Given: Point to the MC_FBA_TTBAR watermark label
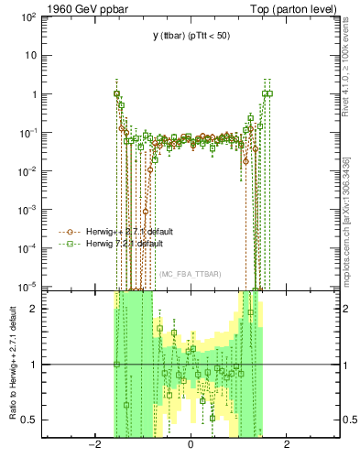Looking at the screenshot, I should (x=190, y=274).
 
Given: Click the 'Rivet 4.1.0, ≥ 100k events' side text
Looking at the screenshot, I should (x=345, y=69).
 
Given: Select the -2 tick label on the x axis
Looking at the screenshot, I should (x=93, y=445).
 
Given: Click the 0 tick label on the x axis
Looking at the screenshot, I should (x=191, y=445).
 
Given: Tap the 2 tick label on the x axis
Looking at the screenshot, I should (x=287, y=445).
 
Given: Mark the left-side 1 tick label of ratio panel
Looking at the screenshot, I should (x=38, y=365).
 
